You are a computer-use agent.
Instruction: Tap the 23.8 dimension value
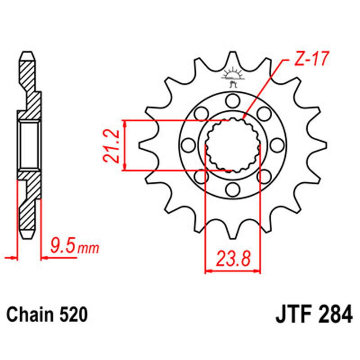[233, 260]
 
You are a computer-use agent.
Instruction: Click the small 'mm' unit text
[88, 248]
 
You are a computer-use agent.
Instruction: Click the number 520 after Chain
[72, 314]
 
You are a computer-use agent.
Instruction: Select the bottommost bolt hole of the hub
[233, 190]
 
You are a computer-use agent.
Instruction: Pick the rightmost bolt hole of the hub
[278, 144]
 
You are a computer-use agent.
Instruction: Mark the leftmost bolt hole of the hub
[187, 144]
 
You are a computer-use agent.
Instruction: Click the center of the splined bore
[233, 145]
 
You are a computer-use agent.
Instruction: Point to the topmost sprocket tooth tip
[233, 53]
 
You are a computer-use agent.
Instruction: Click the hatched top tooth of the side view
[27, 63]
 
